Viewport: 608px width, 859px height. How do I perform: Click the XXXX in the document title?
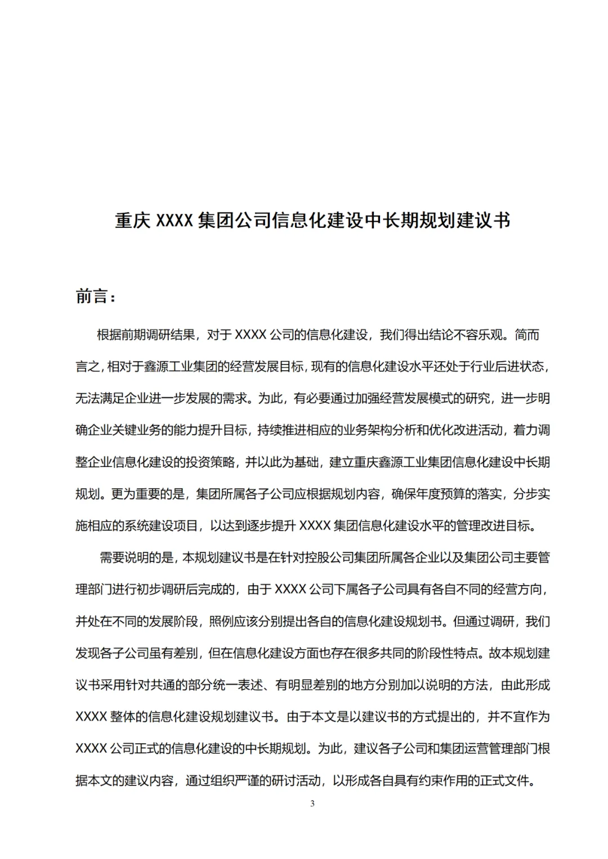tap(175, 220)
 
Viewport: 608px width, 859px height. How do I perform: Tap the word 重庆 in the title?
tap(133, 220)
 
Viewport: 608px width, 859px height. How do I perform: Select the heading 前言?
tap(92, 296)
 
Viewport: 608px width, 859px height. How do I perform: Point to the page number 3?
tap(312, 803)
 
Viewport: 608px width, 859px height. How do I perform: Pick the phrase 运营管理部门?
tap(495, 749)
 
